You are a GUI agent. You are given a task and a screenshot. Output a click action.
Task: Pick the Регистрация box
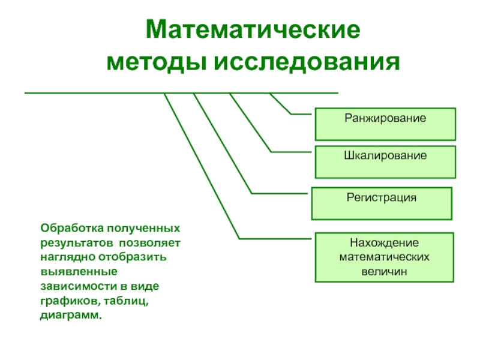point(381,203)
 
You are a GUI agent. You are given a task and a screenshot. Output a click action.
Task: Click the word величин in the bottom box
point(384,271)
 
